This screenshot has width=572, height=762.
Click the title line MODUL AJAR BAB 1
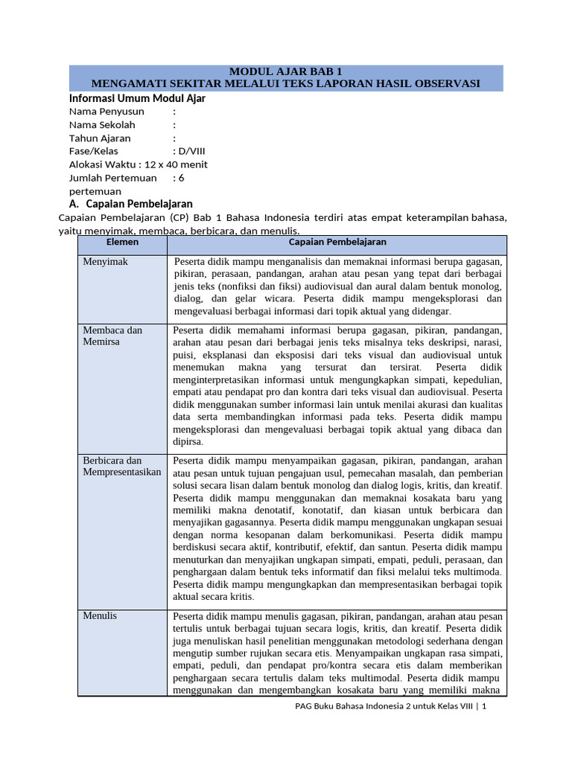point(286,71)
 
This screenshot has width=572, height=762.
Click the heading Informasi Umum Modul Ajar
point(137,98)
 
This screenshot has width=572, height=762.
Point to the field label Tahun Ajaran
point(100,138)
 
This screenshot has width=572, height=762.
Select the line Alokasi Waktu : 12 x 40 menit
point(139,164)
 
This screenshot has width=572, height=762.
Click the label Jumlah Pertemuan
point(112,178)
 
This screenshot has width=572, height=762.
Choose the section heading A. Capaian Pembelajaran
point(131,204)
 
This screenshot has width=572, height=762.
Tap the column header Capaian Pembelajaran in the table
point(337,243)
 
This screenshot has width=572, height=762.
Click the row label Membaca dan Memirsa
point(112,336)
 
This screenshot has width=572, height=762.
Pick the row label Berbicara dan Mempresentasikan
point(121,467)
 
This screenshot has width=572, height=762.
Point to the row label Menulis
point(100,616)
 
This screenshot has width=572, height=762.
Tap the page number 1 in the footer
point(484,708)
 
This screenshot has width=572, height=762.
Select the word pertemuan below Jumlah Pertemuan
point(95,191)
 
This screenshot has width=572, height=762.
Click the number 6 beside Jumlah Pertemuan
point(181,178)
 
